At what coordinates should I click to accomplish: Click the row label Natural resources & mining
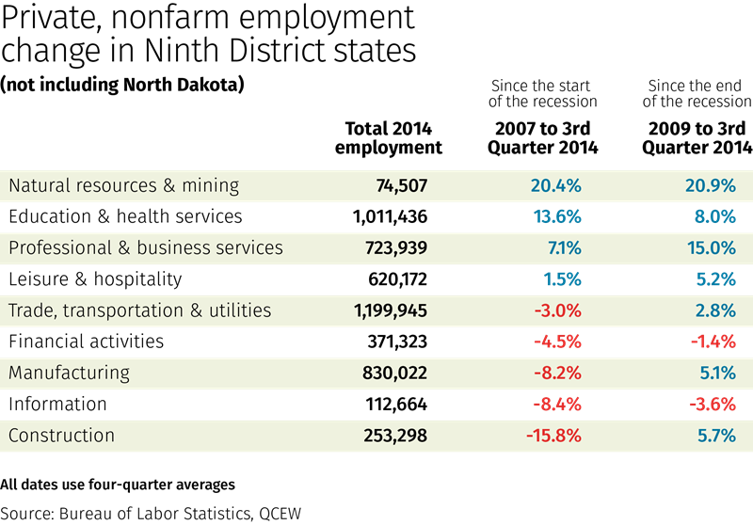tap(123, 185)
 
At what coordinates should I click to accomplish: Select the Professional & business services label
tap(146, 248)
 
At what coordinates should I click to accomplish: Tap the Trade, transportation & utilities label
tap(139, 310)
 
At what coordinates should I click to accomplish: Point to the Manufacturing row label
tap(69, 373)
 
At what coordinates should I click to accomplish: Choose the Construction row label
tap(61, 436)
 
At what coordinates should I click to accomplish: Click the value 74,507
tap(401, 186)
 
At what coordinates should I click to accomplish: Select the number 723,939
tap(394, 248)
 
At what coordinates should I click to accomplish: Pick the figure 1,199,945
tap(391, 311)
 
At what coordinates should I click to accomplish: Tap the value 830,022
tap(394, 374)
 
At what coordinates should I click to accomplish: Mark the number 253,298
tap(394, 436)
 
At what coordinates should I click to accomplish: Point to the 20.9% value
tap(711, 186)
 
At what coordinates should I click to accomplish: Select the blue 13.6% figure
tap(557, 217)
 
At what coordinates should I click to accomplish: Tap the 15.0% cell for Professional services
tap(711, 248)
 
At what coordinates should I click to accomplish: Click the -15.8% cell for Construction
tap(553, 436)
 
